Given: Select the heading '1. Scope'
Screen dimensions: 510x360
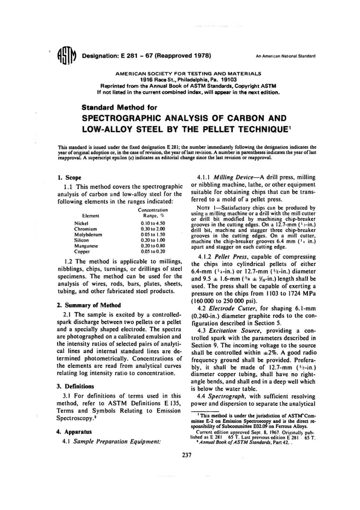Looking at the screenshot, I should tap(69, 177).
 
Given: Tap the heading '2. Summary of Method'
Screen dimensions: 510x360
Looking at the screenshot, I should tap(89, 305).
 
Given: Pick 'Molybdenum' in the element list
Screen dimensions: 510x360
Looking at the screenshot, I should tap(88, 235).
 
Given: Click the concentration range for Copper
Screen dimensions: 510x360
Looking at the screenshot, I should tap(153, 251).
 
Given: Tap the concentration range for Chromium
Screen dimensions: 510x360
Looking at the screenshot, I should tap(153, 229).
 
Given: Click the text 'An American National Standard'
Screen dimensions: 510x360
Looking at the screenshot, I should tap(285, 56).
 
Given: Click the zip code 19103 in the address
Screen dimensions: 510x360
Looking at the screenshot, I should tap(229, 80).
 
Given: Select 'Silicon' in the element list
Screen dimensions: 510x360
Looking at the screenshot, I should tap(81, 240).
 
